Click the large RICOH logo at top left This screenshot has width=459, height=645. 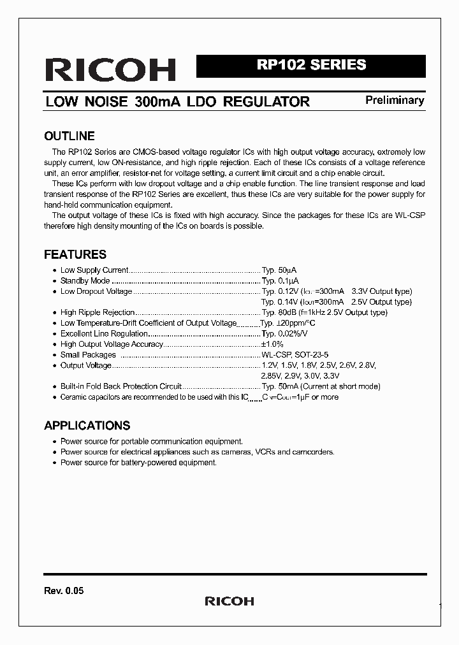tap(110, 69)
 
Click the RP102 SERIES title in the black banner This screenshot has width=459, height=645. tap(311, 65)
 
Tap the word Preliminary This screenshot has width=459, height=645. tap(395, 100)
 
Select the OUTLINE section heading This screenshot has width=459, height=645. tap(69, 136)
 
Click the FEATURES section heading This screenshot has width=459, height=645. tap(75, 254)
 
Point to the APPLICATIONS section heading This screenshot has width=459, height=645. tap(87, 425)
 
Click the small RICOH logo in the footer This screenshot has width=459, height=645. tap(229, 601)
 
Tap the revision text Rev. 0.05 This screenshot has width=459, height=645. tap(64, 591)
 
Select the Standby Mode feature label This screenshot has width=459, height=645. tap(85, 280)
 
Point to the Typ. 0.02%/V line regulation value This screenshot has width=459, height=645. tap(284, 333)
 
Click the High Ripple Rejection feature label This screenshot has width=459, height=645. tap(97, 312)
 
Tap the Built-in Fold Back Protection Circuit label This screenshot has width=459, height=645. tap(120, 386)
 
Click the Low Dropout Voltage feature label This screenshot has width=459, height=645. tap(96, 291)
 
